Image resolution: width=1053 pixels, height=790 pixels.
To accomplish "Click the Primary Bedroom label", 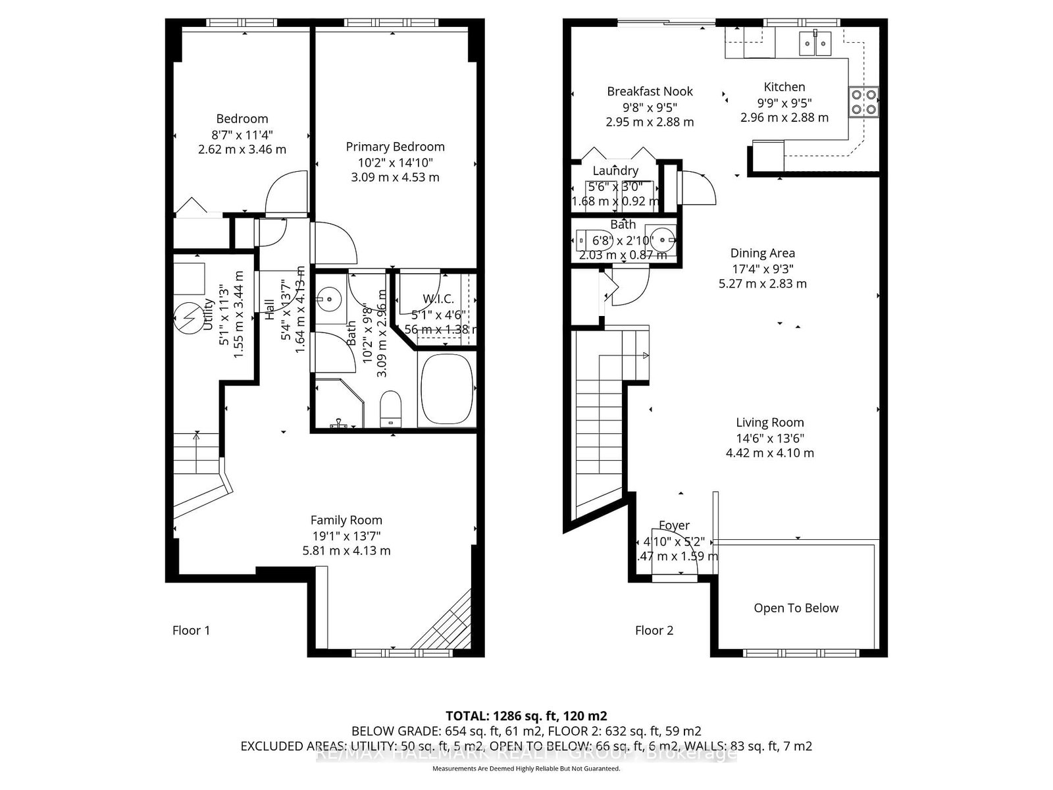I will coord(395,147).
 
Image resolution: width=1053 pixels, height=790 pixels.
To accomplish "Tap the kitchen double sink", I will coord(815,44).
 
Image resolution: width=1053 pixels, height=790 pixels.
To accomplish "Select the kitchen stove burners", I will coord(863,101).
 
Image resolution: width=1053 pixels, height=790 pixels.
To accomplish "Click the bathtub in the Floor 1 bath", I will coord(448,389).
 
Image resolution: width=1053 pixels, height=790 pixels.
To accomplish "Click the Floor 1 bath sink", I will coord(328,300).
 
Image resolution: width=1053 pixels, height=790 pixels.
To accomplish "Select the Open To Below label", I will coord(796,608).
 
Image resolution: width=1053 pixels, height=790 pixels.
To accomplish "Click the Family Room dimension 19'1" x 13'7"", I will coord(346,535).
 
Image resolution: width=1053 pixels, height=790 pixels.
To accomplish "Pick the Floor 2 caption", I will coord(654,631).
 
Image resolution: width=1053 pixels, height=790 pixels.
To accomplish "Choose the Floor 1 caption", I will coord(191,631).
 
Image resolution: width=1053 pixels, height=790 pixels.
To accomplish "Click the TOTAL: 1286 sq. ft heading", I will coord(526,716).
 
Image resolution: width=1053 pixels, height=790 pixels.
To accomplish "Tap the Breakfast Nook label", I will coord(650,92).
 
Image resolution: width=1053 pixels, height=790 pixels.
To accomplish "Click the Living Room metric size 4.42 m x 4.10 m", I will coord(769,453).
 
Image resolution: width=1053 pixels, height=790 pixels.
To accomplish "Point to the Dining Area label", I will coord(762,253).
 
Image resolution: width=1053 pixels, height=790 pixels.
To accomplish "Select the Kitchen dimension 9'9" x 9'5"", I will coord(784,103).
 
